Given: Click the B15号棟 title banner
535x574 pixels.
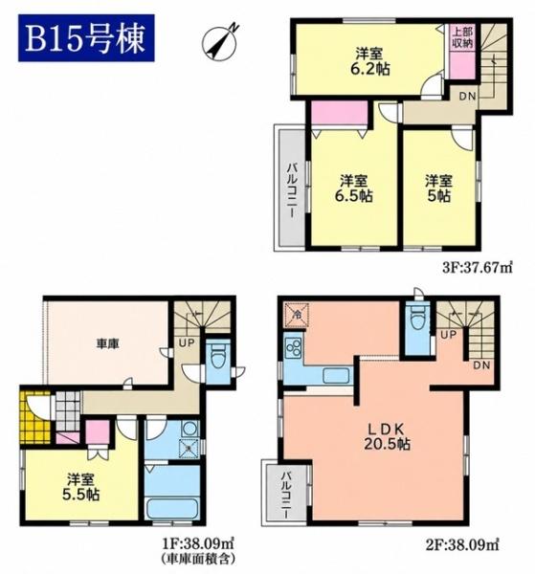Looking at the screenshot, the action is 86,38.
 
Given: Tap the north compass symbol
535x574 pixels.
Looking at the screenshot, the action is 220,42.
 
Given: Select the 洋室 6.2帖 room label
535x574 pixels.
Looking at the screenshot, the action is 369,61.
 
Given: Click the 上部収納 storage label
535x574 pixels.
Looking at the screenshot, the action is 462,37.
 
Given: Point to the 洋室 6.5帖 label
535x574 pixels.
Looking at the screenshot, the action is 353,188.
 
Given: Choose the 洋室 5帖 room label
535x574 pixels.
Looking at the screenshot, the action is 438,188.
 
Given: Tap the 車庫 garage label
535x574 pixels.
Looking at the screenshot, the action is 107,343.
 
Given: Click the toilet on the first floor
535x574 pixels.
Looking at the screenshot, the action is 218,356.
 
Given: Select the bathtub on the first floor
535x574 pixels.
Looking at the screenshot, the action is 172,508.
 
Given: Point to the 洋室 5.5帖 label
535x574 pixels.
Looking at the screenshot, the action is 80,487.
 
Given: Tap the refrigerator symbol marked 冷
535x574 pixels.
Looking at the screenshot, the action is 298,315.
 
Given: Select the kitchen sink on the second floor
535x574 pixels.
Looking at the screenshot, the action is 335,376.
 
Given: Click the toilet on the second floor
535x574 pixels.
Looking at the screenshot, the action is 417,319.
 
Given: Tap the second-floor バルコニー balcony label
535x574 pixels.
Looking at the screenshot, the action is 286,495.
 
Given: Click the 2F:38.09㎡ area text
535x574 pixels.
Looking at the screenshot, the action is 463,543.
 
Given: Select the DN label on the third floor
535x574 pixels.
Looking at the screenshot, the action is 467,97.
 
